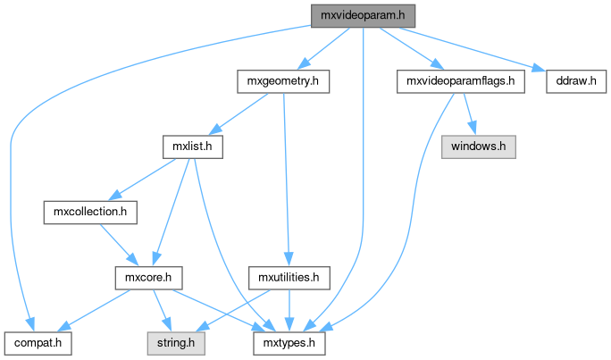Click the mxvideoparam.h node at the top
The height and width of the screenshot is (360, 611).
[x=364, y=16]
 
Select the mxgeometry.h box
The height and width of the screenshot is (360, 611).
[x=283, y=81]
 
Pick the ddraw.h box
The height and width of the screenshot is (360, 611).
[x=576, y=81]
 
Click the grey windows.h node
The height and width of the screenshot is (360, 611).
[x=478, y=145]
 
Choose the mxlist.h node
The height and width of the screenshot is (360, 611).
[x=192, y=145]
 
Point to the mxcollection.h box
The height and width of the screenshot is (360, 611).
[x=90, y=213]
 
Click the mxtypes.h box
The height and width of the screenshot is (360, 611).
[x=287, y=340]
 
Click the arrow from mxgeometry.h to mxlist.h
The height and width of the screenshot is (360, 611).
[x=237, y=113]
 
